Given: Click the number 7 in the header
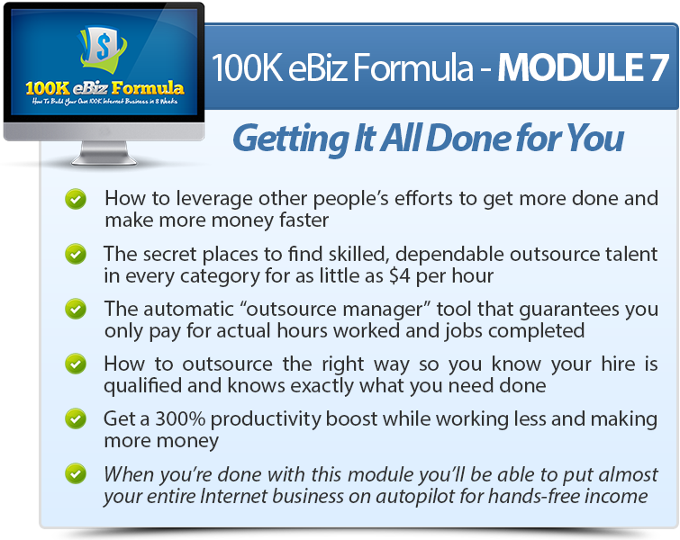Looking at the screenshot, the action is coord(658,67).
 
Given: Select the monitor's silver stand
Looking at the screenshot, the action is coord(104,153).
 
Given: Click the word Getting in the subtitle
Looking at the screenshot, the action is coord(292,139).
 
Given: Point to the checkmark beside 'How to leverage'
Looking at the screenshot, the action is coord(76,199).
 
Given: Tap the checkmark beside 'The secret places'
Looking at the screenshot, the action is coord(76,254).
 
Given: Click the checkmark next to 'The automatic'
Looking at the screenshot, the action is coord(76,309).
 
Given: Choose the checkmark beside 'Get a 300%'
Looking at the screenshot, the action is coord(76,418).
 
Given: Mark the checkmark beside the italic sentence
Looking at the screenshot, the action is coord(76,473).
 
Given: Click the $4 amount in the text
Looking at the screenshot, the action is coord(399,276).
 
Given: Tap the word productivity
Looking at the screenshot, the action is coord(266,419).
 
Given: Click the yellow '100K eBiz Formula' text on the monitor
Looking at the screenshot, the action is coord(104,88).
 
